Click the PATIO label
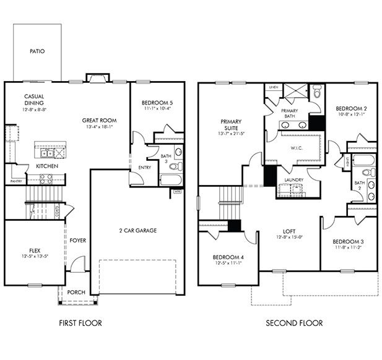38,52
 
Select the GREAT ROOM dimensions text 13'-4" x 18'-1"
99,128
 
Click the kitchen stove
46,179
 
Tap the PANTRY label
16,181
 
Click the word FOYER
77,240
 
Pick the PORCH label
76,292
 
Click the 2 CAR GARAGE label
137,231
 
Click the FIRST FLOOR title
80,323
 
